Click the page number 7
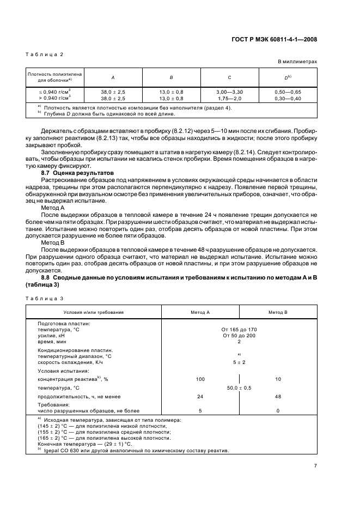click(315, 465)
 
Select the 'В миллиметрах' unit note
click(297, 62)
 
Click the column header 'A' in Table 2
click(113, 77)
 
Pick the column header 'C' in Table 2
click(230, 77)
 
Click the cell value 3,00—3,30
click(230, 92)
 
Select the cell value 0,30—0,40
click(288, 98)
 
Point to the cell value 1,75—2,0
click(230, 98)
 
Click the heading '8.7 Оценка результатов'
click(70, 172)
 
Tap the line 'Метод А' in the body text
click(53, 208)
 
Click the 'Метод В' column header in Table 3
click(278, 312)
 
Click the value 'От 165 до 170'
click(239, 330)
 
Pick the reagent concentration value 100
click(200, 378)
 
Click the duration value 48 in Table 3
click(278, 396)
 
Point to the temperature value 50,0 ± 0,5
click(239, 387)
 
